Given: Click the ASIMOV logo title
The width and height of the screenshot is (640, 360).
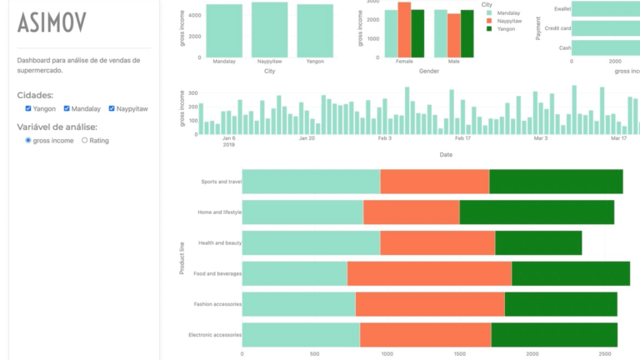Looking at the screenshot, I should (52, 23).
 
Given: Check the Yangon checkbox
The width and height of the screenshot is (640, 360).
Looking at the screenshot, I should (28, 108).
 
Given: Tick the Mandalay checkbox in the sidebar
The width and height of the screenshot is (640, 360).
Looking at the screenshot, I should (67, 108).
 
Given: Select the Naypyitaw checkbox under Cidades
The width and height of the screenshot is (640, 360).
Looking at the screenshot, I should (112, 108).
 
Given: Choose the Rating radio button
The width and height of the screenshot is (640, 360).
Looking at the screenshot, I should (84, 141).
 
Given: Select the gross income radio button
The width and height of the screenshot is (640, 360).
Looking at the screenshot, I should (28, 141).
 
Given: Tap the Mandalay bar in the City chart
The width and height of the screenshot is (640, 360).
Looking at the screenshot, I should (224, 31).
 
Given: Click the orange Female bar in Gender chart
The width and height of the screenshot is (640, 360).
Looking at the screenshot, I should (404, 30).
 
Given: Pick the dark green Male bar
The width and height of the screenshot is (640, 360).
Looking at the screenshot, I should (467, 34).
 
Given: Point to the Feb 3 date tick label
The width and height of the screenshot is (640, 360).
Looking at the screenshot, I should (384, 138).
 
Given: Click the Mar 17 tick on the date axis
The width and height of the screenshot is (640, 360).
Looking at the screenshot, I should (618, 138).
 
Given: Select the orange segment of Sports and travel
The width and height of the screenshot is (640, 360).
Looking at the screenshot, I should (434, 181).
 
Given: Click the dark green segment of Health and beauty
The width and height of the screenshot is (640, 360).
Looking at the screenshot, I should (538, 242).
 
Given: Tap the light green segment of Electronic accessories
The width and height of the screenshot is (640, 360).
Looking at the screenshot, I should (301, 334).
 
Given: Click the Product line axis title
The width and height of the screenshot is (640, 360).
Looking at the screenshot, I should (182, 257).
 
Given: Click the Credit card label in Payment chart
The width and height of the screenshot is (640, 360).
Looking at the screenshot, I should (557, 28).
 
